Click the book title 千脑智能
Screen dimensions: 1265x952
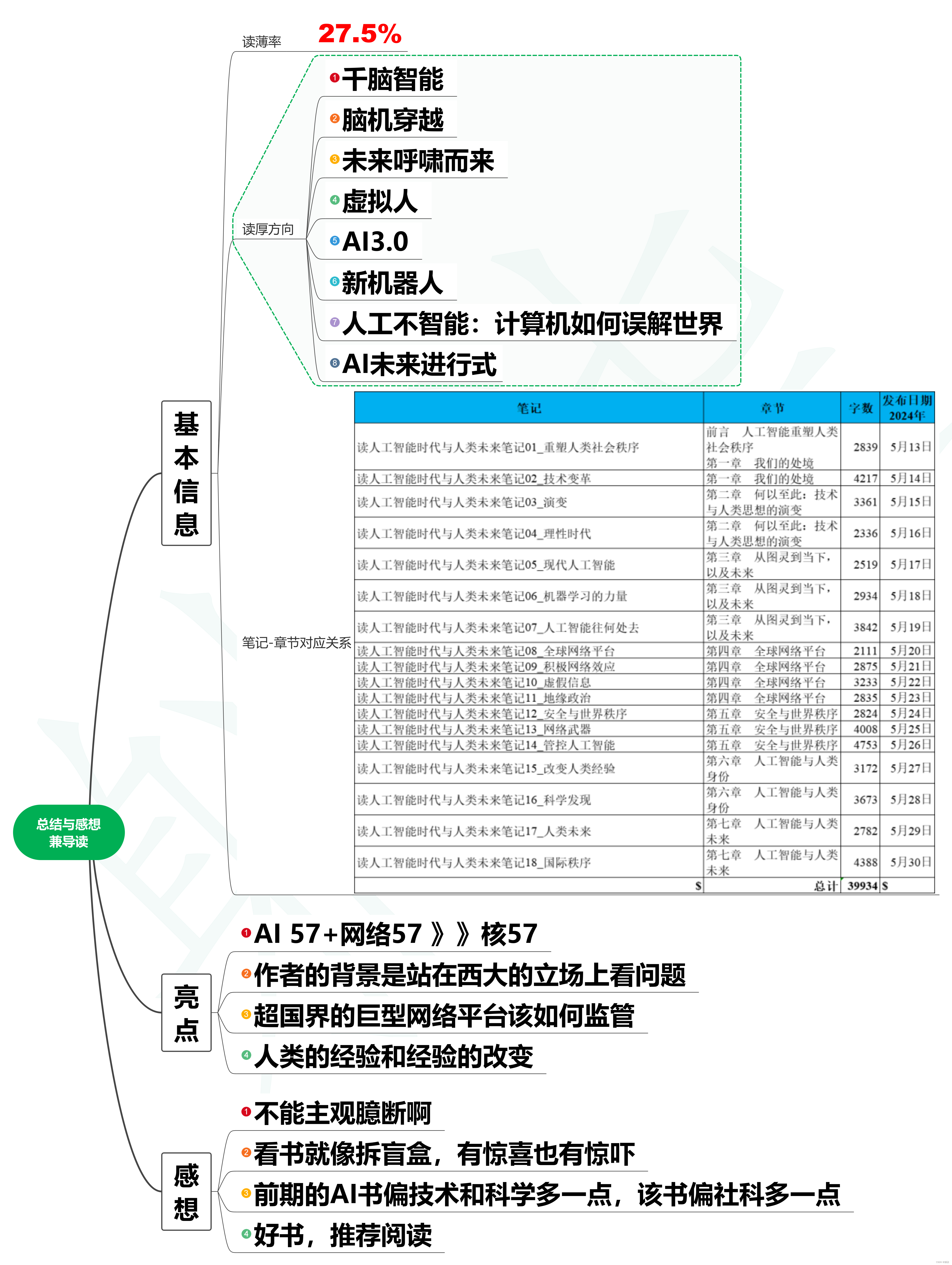392,79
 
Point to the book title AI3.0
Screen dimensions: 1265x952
375,241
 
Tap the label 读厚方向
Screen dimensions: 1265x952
268,229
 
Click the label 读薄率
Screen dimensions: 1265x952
261,42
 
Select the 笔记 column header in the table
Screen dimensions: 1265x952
529,408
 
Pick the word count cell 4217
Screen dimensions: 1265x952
865,478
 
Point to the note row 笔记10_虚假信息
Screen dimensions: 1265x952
474,682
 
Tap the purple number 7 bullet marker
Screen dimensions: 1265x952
335,322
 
